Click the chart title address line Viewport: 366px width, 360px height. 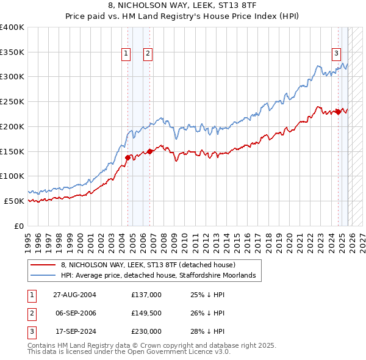tap(182, 6)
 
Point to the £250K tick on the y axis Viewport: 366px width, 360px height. tap(12, 102)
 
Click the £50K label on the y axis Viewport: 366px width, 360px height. tap(14, 201)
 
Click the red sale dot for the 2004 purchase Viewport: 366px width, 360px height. tap(128, 157)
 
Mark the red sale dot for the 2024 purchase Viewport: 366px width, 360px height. tap(338, 112)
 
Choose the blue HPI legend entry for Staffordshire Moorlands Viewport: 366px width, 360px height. tap(161, 276)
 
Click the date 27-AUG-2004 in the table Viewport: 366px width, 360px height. tap(74, 295)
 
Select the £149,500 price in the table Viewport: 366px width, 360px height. tap(146, 313)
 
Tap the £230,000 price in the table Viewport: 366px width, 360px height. tap(146, 331)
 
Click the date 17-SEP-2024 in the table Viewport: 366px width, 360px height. tap(74, 331)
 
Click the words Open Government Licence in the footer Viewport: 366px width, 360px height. tap(173, 352)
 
